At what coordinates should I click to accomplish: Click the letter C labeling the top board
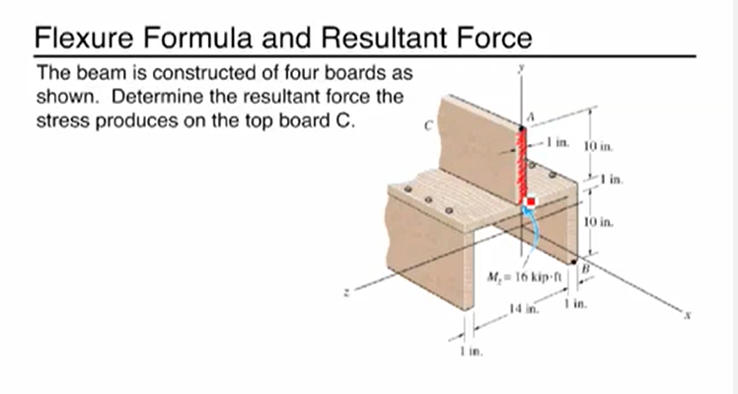tap(427, 125)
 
